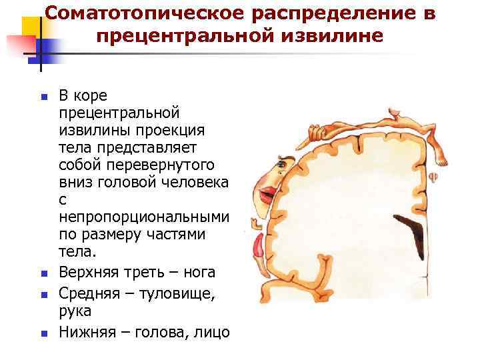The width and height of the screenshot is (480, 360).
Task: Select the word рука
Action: coord(74,310)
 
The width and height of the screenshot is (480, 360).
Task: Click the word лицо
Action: coord(213,331)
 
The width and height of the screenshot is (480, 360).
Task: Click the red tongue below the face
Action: coord(257,249)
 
